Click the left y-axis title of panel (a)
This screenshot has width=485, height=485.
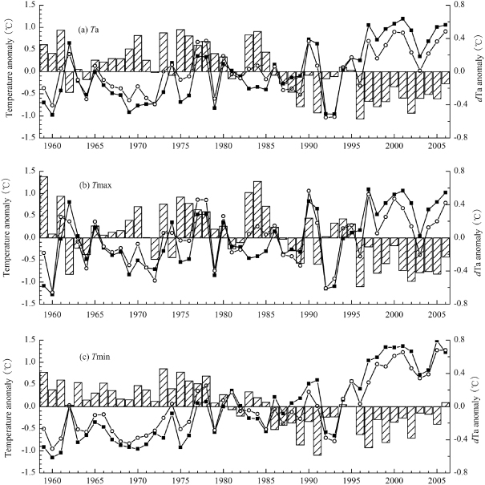pos(9,71)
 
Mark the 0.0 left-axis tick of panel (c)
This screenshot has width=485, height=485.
pos(29,406)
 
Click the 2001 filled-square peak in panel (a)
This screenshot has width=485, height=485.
pos(402,18)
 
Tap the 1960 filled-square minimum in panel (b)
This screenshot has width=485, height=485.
pos(53,294)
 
